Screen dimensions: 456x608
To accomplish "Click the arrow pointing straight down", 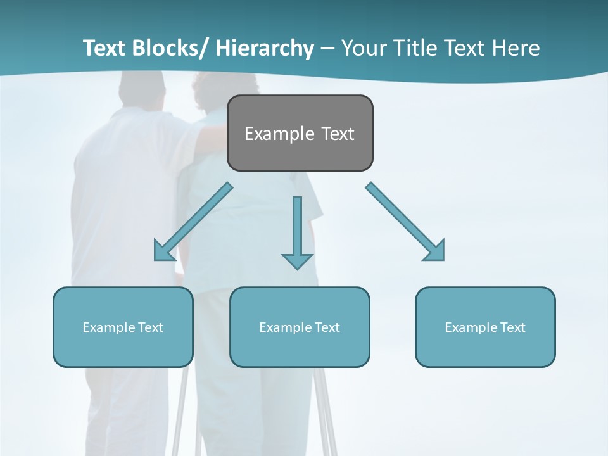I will tap(297, 228).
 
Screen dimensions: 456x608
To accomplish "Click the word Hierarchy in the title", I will tap(265, 48).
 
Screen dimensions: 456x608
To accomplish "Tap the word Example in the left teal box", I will tap(108, 327).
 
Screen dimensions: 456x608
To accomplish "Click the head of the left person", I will tap(142, 89).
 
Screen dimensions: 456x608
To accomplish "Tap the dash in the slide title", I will tap(327, 48).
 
